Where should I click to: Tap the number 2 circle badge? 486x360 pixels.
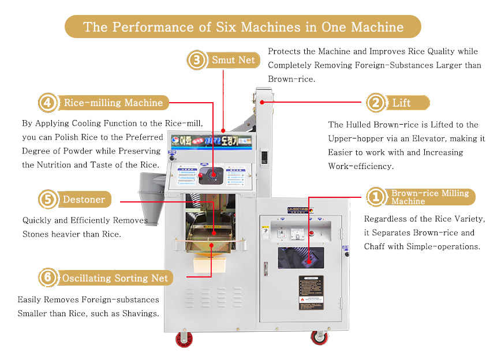coord(376,103)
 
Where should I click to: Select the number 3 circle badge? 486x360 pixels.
coord(197,60)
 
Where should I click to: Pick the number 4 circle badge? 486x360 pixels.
coord(48,103)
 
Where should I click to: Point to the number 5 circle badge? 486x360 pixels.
coord(47,200)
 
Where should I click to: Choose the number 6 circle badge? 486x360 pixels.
coord(47,278)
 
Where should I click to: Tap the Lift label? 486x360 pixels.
coord(402,103)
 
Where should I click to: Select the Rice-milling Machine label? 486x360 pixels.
coord(113,103)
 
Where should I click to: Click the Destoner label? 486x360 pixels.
coord(84,200)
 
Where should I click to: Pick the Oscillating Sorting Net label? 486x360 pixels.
coord(115,278)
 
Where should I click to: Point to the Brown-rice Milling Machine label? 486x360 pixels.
coord(430,197)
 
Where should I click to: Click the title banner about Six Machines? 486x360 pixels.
coord(243,27)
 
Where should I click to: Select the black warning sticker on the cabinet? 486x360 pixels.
coord(311,292)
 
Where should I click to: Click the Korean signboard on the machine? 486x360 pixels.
coord(213,140)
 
